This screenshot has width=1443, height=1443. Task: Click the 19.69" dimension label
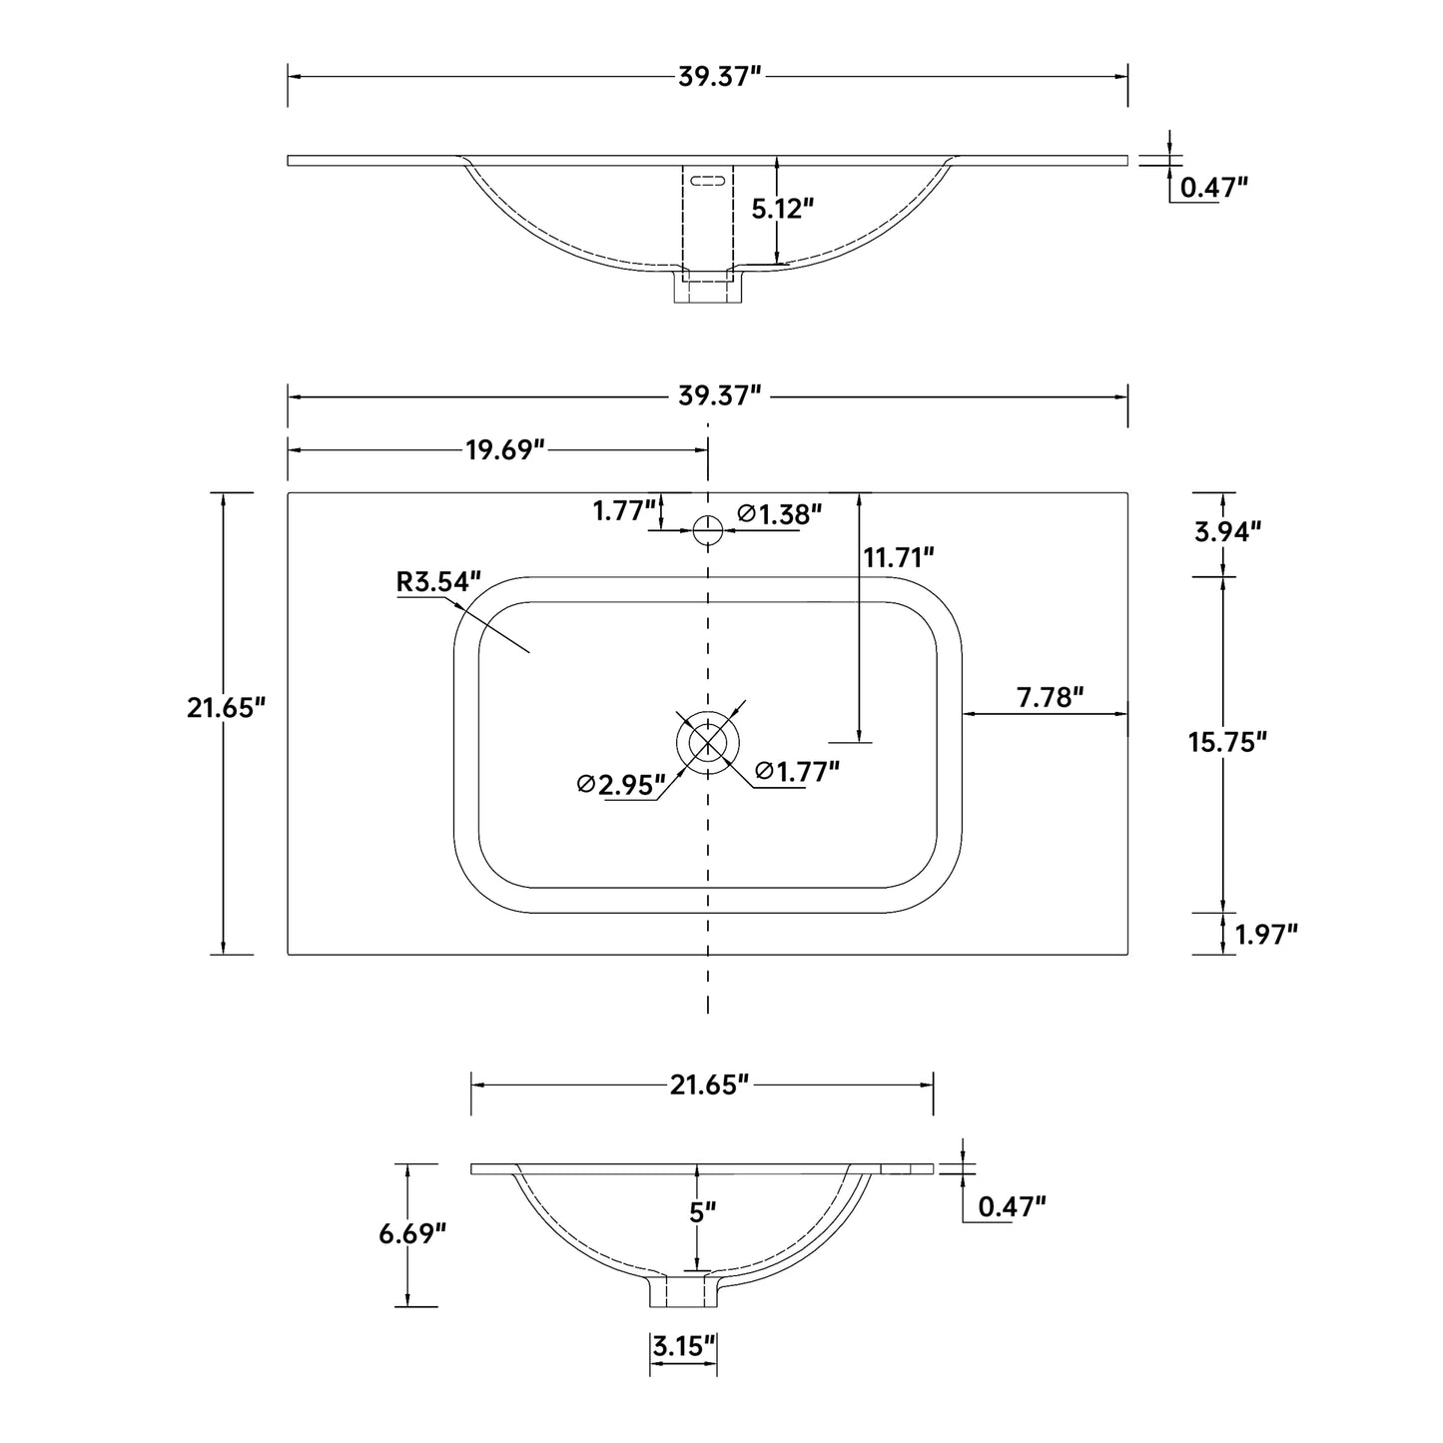coord(504,450)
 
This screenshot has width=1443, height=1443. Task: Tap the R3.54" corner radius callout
coord(438,581)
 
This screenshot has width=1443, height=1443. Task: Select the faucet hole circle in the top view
coord(708,530)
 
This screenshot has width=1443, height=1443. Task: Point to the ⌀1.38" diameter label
coord(780,513)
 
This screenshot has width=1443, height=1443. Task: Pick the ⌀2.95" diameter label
coord(621,784)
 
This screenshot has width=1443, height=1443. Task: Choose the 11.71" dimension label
coord(899,558)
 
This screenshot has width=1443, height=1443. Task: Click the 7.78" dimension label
coord(1050,697)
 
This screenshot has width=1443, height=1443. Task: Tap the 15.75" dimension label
coord(1227,742)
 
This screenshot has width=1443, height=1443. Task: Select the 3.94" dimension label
coord(1227,531)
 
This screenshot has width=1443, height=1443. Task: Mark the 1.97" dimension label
coord(1265,934)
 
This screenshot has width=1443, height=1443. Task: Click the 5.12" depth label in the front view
coord(782,209)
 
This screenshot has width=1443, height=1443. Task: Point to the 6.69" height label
coord(412,1233)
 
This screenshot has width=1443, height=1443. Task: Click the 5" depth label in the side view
coord(702,1212)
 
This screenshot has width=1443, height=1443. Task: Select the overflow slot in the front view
coord(707,181)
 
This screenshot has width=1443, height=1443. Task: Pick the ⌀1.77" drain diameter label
coord(797,771)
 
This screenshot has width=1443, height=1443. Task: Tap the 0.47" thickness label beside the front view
coord(1214,187)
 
